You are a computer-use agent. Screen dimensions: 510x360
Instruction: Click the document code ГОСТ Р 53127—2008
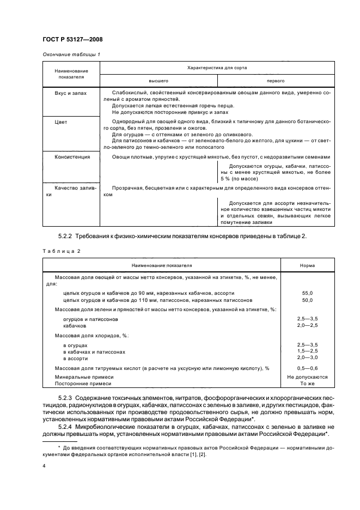72,39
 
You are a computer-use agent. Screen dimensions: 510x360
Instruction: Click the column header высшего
158,80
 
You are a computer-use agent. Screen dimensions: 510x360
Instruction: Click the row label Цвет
61,122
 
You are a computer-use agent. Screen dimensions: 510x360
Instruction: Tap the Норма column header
307,265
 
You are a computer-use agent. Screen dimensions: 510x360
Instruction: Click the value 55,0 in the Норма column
307,293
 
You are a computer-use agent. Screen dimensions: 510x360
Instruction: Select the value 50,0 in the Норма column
307,300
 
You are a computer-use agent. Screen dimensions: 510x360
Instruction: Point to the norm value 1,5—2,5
307,351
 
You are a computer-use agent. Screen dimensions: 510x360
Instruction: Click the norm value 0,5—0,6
307,368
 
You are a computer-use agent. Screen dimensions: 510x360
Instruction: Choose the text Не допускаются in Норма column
307,377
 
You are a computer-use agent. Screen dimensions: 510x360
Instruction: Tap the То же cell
307,384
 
